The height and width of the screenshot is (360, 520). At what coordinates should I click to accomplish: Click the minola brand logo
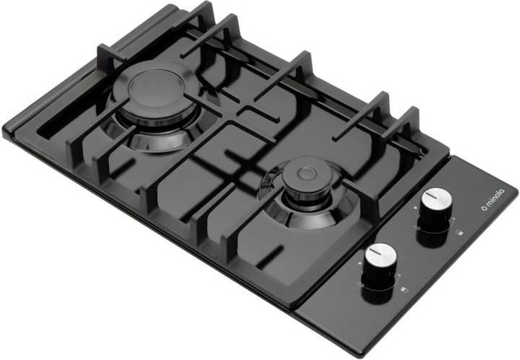tap(492, 200)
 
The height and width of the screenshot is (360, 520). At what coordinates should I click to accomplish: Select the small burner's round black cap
tap(308, 175)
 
